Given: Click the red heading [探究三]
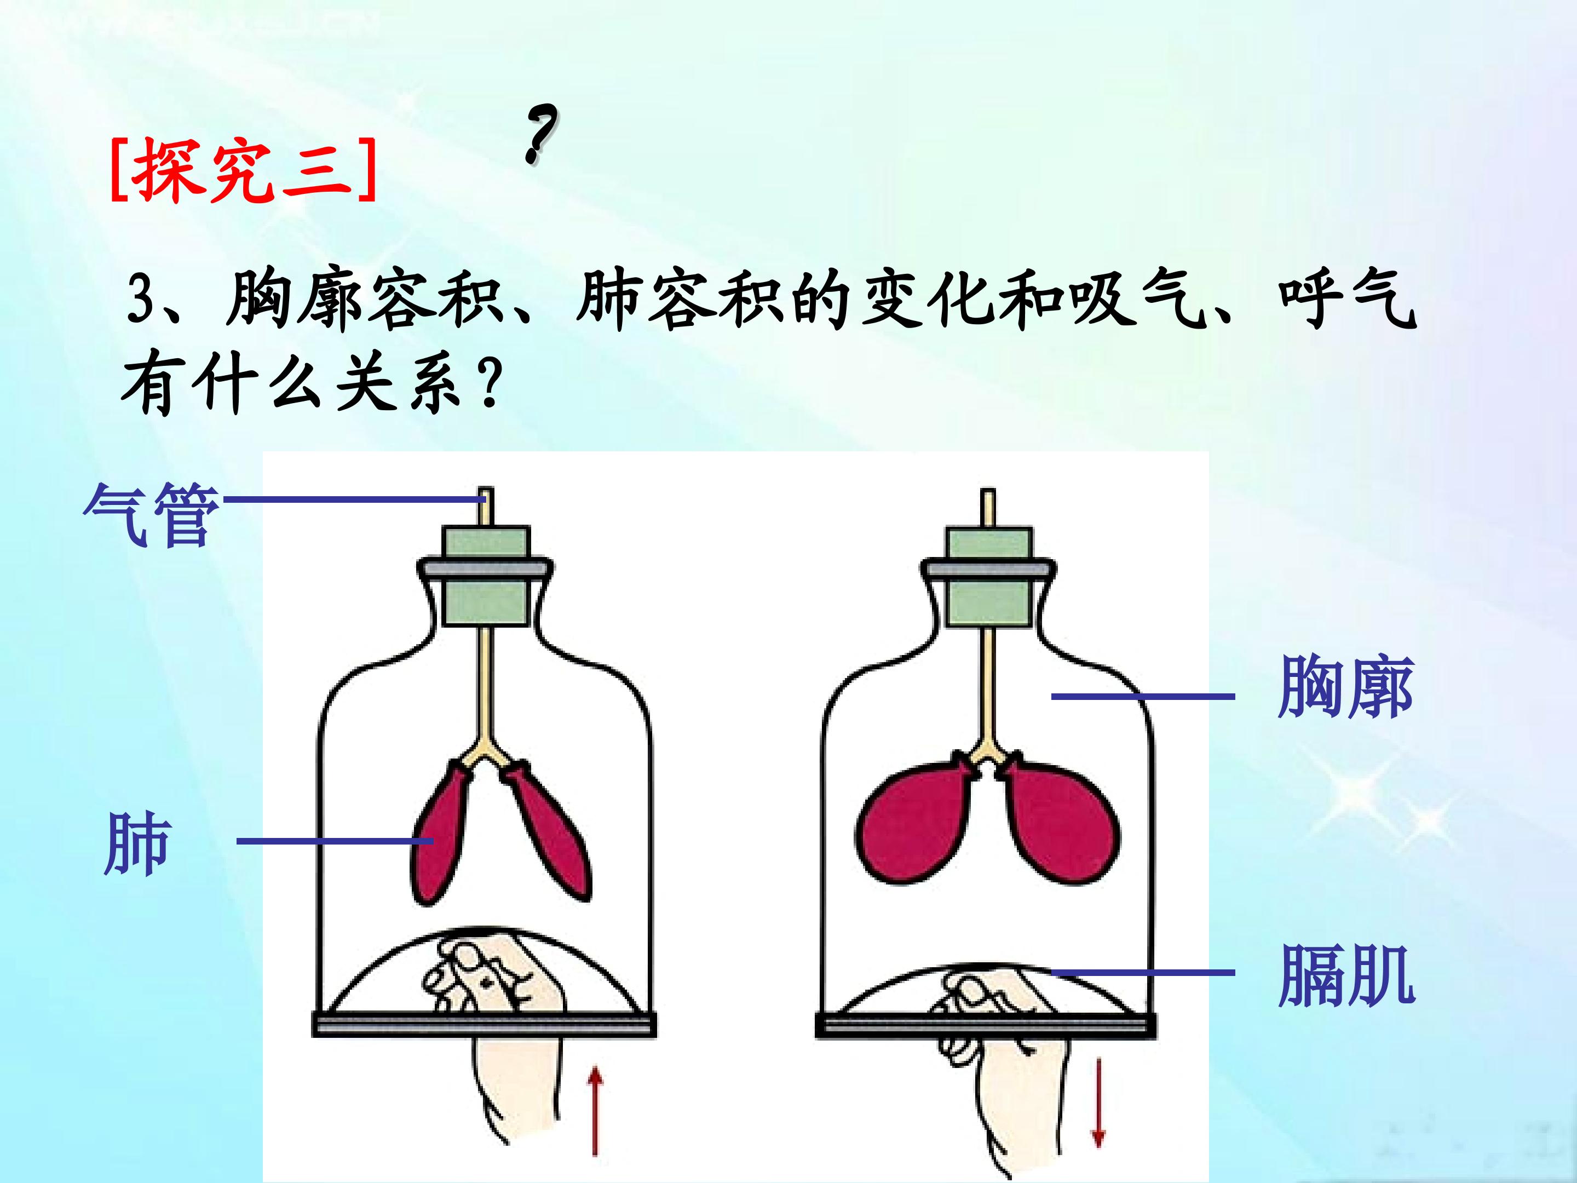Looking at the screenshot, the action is coord(243,170).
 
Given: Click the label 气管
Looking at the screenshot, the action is coord(151,513).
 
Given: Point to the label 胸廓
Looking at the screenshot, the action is coord(1345,686).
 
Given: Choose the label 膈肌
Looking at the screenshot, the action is coord(1345,975).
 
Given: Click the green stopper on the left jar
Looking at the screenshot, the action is coord(486,576).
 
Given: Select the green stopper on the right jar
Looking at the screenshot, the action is coord(989,576).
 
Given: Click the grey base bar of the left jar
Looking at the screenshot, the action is coord(484,1025).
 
